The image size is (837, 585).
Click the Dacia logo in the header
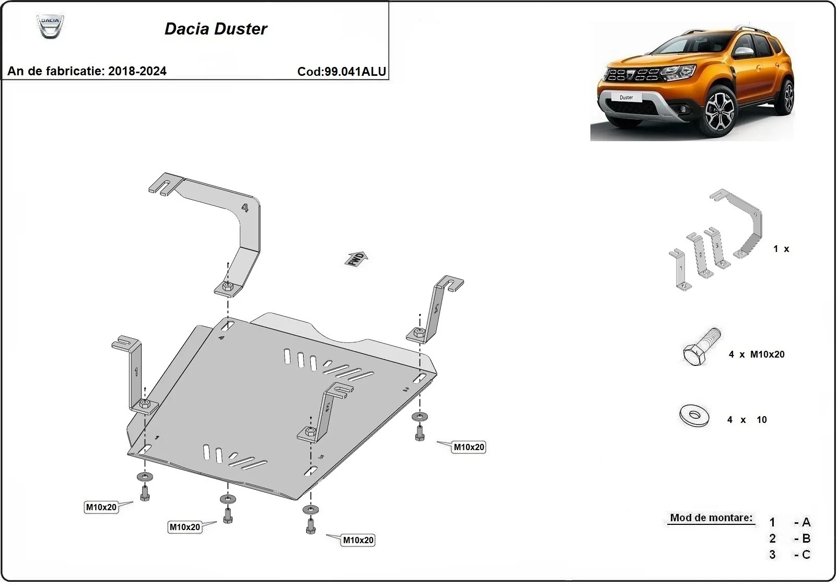[50, 26]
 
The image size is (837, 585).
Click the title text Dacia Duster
[215, 29]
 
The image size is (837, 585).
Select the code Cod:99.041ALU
[341, 72]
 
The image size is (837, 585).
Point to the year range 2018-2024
[137, 71]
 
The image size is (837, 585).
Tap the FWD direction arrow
[356, 259]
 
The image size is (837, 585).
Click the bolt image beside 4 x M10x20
[701, 347]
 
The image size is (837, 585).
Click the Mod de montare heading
[711, 518]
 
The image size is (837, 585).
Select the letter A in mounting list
[806, 522]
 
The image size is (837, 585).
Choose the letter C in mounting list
[806, 555]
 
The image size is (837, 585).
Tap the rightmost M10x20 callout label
[469, 448]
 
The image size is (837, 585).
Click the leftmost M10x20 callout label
[101, 507]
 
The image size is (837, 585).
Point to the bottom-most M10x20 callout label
[358, 541]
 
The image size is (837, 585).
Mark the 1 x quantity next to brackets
[781, 249]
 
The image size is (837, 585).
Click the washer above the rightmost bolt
[419, 417]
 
